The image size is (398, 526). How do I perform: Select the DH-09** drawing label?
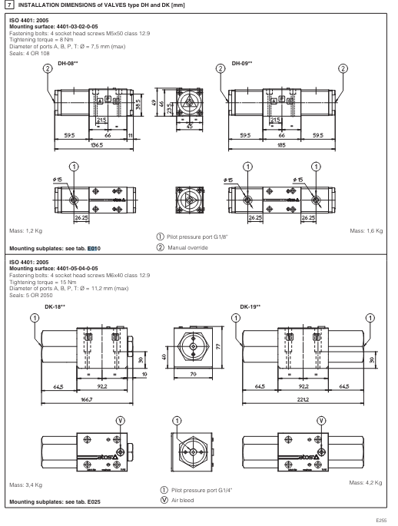pyautogui.click(x=243, y=63)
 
